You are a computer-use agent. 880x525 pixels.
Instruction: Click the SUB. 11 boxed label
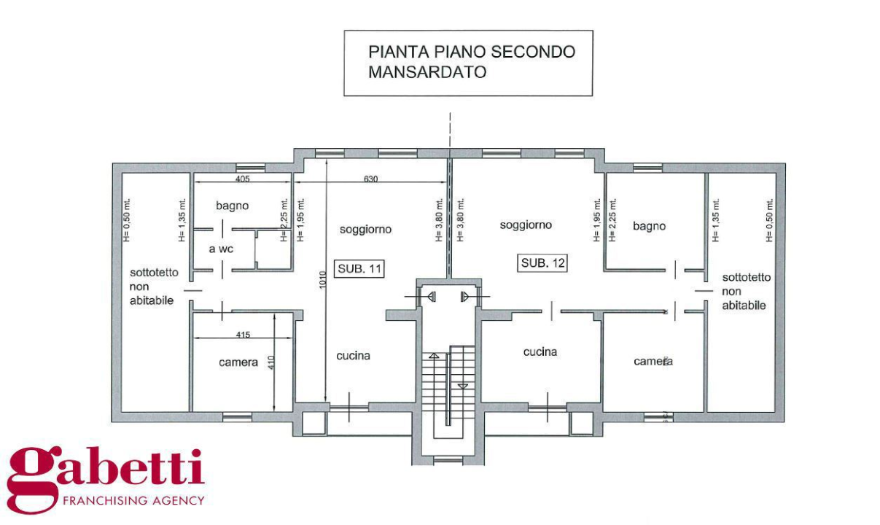click(359, 269)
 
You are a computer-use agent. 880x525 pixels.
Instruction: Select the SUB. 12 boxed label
click(542, 263)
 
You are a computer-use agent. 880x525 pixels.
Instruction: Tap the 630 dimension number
click(370, 179)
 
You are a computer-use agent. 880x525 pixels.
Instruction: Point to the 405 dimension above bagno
click(242, 179)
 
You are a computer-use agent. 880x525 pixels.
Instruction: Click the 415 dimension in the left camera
click(244, 335)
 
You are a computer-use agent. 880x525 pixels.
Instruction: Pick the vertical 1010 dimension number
click(323, 280)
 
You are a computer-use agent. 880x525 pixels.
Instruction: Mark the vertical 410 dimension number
click(271, 362)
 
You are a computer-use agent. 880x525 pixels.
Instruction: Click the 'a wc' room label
click(221, 249)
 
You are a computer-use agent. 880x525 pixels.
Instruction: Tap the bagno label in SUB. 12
click(649, 226)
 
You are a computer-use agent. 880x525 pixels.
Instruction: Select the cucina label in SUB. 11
click(353, 356)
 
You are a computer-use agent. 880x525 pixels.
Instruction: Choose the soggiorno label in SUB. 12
click(526, 225)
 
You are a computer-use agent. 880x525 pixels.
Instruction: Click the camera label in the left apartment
click(238, 362)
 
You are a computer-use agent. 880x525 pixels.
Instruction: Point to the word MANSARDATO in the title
click(427, 72)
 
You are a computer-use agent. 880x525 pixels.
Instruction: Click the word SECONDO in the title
click(533, 52)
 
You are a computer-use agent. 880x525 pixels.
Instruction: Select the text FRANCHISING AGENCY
click(133, 501)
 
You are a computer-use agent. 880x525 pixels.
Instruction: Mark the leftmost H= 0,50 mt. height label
click(127, 220)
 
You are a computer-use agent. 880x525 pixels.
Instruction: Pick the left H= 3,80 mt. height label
click(439, 220)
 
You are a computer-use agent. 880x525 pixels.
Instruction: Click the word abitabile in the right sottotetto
click(744, 306)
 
